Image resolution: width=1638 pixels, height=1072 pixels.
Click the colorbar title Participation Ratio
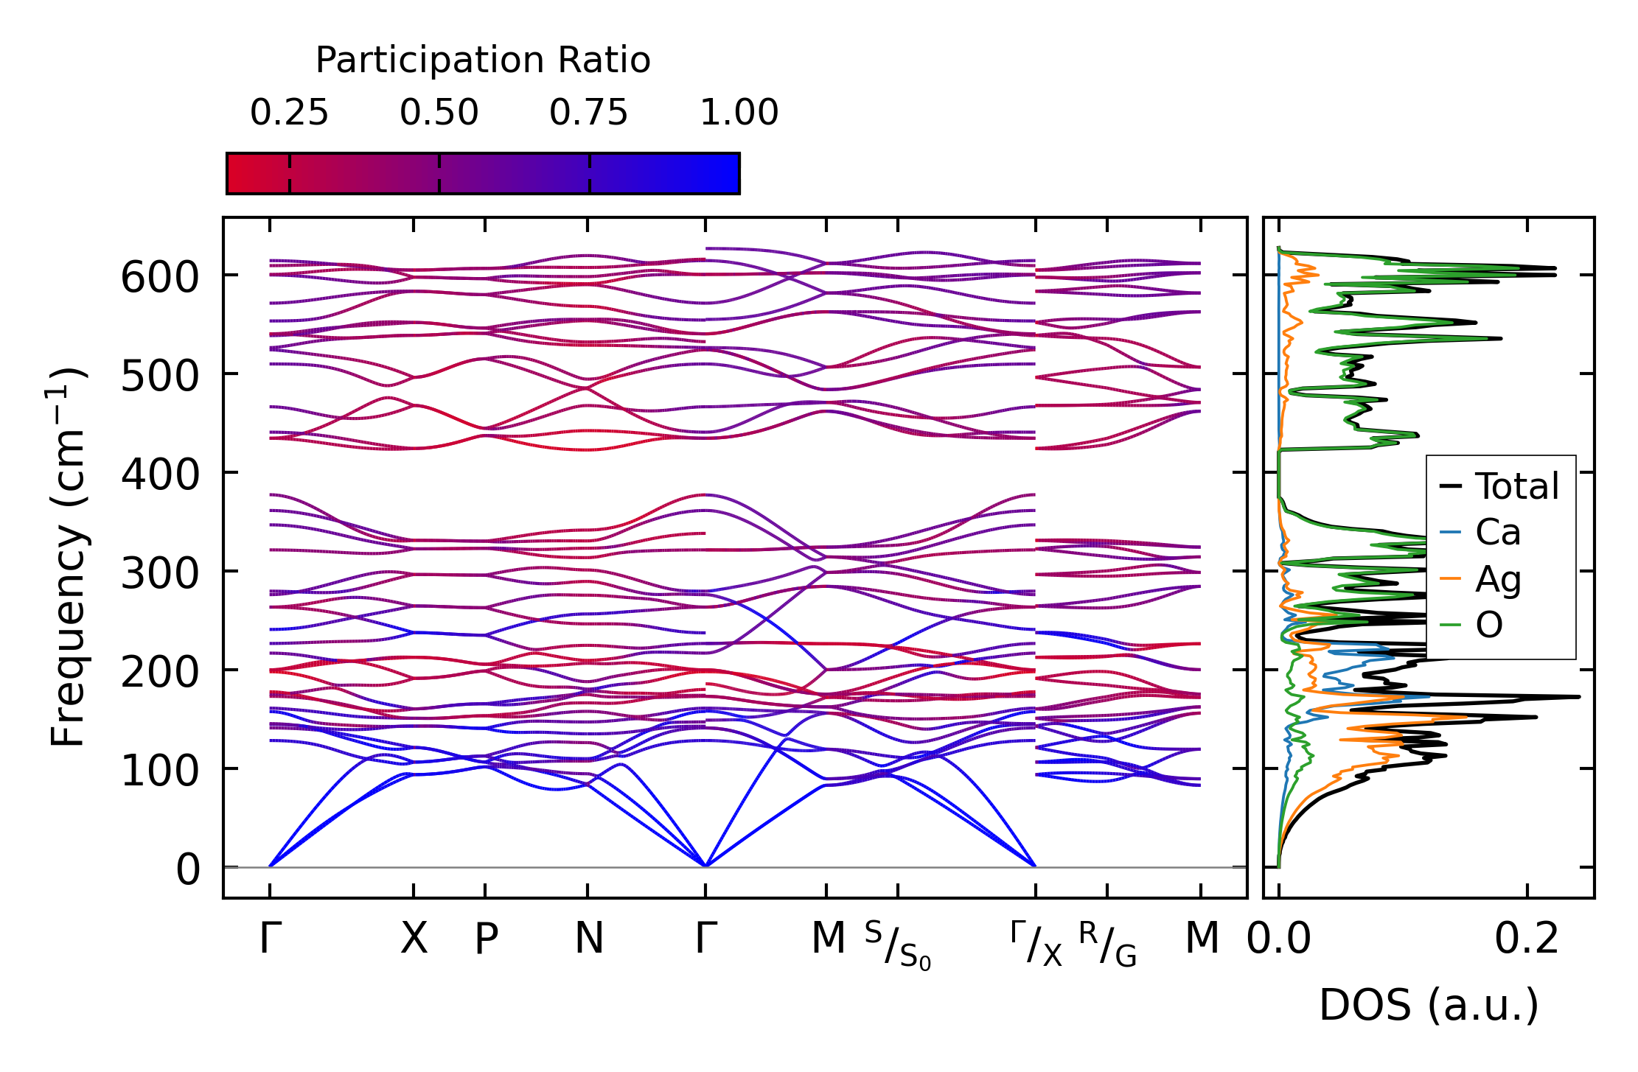tap(483, 60)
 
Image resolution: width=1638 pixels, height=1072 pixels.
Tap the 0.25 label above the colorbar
tap(289, 113)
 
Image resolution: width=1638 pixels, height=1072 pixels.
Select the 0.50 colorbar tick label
tap(439, 113)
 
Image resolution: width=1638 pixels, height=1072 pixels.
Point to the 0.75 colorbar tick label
tap(589, 113)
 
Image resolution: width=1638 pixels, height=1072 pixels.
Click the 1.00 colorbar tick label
tap(739, 113)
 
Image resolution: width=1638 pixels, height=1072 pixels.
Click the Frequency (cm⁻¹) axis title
tap(68, 557)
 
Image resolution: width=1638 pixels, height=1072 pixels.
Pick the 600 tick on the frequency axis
tap(160, 278)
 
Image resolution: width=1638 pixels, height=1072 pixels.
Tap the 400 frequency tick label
tap(160, 475)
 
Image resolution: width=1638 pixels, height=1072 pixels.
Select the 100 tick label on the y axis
tap(160, 771)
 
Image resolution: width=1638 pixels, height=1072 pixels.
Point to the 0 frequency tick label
tap(188, 869)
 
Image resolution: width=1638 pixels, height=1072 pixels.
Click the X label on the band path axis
tap(414, 939)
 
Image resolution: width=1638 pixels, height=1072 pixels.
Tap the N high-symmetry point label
tap(588, 939)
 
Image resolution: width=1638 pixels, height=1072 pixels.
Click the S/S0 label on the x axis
tap(898, 945)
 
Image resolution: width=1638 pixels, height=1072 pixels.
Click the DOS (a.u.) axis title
tap(1429, 1005)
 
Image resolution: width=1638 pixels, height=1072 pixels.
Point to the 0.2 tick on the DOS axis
tap(1527, 939)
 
